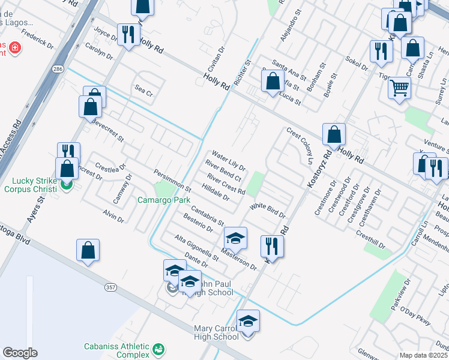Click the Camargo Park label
(164, 200)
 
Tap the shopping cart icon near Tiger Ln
(399, 89)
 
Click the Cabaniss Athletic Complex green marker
(158, 349)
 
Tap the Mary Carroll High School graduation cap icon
(248, 322)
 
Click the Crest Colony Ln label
(300, 145)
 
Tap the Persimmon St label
(172, 180)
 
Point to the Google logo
(20, 353)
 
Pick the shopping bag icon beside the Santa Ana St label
(273, 82)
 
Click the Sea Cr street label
(144, 93)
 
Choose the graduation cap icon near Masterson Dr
(236, 239)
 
